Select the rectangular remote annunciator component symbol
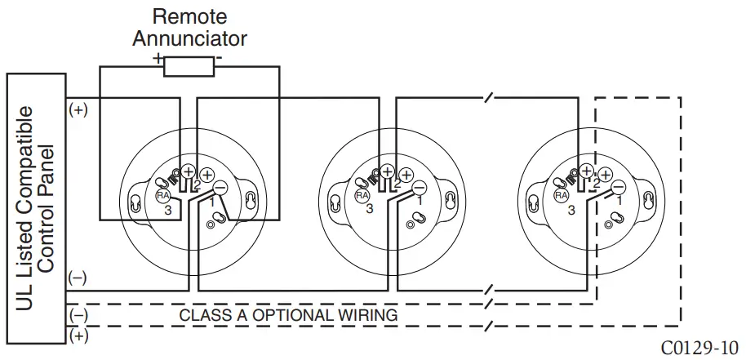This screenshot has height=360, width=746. click(x=189, y=66)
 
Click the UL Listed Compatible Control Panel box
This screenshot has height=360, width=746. click(x=36, y=207)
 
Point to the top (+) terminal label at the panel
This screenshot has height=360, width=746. click(x=78, y=110)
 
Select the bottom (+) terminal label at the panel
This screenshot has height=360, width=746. click(x=78, y=335)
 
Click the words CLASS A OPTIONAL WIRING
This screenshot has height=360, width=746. click(x=288, y=314)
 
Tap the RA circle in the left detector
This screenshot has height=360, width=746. click(x=162, y=196)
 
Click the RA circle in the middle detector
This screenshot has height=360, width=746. click(x=362, y=196)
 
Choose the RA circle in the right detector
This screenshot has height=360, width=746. click(x=562, y=196)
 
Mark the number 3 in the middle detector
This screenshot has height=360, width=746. click(x=370, y=210)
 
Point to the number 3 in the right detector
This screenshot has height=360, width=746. click(x=570, y=210)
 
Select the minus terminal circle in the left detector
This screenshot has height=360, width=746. click(x=220, y=188)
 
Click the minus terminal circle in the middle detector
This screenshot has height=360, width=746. click(x=420, y=188)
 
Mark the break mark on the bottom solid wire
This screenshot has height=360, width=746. click(x=488, y=290)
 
